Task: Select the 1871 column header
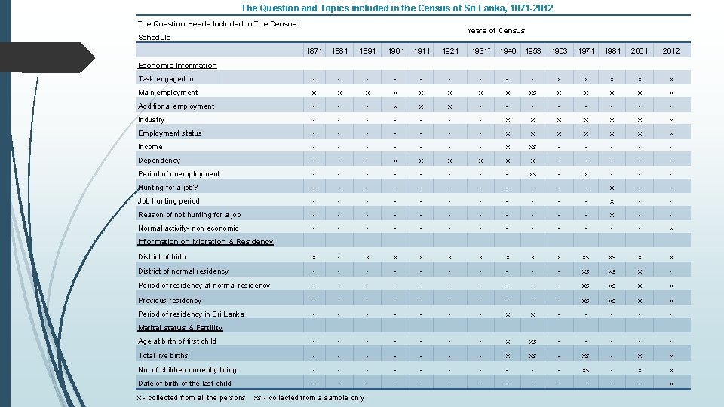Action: (x=314, y=51)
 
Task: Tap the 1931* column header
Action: (x=480, y=51)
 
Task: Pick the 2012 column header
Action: (x=670, y=51)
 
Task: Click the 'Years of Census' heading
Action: (x=495, y=31)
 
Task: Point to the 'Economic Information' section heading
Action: (x=177, y=66)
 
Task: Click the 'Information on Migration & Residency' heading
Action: (x=205, y=242)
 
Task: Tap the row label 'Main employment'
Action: (x=168, y=93)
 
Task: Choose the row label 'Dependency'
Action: (x=159, y=161)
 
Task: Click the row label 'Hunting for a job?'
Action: (x=168, y=188)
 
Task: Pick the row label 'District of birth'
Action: (x=162, y=257)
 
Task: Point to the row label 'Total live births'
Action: (x=163, y=356)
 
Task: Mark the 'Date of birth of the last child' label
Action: (x=185, y=384)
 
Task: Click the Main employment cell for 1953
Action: (x=532, y=93)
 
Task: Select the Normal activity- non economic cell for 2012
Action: (x=670, y=228)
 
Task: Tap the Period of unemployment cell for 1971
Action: (x=586, y=174)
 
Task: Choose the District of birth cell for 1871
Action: (x=314, y=257)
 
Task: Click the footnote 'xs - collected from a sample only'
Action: (x=309, y=398)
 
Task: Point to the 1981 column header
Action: (x=613, y=51)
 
